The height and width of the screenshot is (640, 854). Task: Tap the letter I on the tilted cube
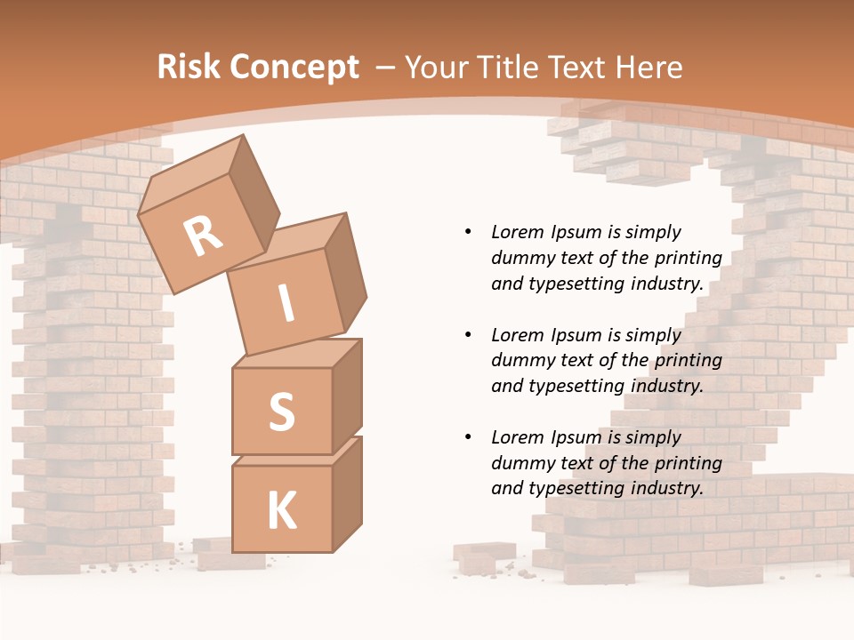click(286, 304)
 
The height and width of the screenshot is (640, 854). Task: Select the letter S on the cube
click(281, 412)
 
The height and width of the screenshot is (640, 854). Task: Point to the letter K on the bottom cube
click(281, 511)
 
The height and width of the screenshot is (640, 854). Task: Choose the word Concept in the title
click(295, 68)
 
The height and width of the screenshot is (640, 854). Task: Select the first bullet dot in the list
click(468, 233)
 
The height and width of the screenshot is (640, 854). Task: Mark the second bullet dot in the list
click(468, 335)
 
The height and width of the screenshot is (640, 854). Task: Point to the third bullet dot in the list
click(468, 437)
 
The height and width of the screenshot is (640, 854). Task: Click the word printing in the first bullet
click(688, 258)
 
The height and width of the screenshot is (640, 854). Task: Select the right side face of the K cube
click(348, 493)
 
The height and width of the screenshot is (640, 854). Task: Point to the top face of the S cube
click(295, 354)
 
